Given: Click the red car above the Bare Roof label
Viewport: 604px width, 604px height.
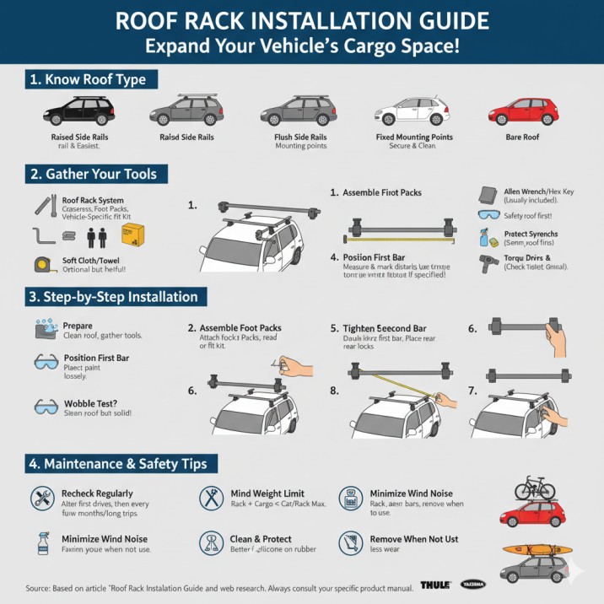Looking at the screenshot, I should (x=524, y=112).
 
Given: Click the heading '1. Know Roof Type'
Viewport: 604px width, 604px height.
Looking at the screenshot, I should (x=88, y=80).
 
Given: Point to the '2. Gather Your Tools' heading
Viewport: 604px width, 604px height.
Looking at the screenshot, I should (x=94, y=175).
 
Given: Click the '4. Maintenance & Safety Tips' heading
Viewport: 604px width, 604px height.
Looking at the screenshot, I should (x=124, y=463).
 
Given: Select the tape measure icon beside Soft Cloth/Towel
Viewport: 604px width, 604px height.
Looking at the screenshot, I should (x=43, y=263).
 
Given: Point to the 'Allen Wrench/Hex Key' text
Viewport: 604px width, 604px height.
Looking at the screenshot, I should (x=540, y=191).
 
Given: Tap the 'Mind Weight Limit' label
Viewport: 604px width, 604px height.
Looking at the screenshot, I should (x=267, y=493).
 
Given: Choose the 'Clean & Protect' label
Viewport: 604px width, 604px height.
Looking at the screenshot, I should (x=261, y=539).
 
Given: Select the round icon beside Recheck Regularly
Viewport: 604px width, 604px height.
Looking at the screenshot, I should (x=41, y=497).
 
